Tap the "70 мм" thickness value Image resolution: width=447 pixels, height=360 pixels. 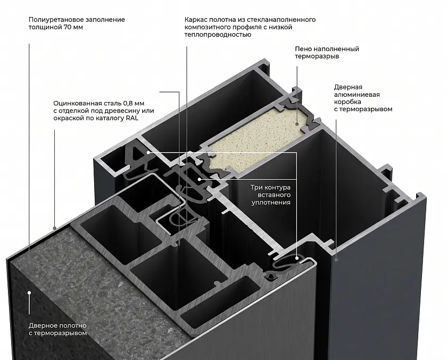click(73, 27)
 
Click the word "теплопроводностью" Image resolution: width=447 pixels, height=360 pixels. click(218, 35)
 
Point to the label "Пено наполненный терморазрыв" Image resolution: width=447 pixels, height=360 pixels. click(327, 53)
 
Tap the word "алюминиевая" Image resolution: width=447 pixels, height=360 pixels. click(357, 95)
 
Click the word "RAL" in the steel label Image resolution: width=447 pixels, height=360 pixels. click(132, 118)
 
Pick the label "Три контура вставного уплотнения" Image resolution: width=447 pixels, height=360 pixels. click(270, 195)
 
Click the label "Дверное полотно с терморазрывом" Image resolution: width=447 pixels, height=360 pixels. click(57, 329)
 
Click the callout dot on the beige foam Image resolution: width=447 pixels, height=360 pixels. click(297, 124)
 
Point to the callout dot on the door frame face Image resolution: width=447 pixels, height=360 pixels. click(336, 259)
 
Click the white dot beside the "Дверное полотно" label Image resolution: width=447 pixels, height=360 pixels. click(29, 292)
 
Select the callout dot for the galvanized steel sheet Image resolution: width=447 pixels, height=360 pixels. click(54, 228)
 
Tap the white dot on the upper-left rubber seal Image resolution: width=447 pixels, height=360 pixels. click(148, 153)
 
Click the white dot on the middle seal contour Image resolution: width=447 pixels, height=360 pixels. click(200, 179)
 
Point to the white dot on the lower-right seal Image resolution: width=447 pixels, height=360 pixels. click(297, 258)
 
